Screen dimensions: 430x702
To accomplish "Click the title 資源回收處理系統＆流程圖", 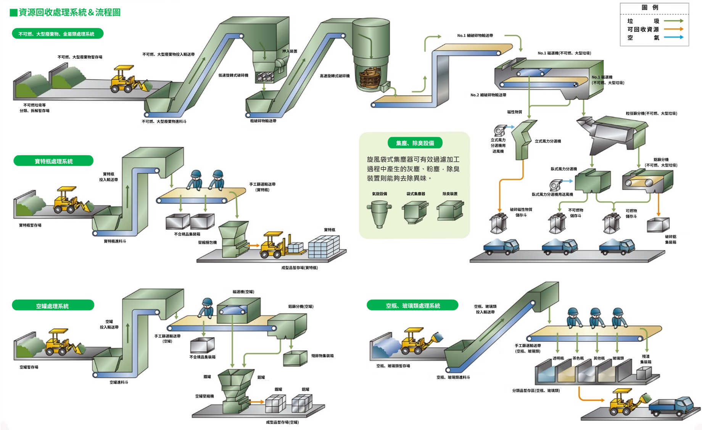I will [x=69, y=12].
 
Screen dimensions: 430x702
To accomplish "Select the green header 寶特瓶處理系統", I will [x=53, y=161].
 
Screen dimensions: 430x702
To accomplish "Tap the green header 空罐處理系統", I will [x=53, y=306].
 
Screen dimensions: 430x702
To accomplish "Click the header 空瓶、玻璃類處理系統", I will [x=412, y=305].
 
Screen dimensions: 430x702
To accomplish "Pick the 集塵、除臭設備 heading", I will [x=415, y=143].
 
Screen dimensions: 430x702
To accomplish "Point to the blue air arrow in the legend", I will [x=673, y=37].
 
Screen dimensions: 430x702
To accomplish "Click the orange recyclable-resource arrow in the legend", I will [x=673, y=29].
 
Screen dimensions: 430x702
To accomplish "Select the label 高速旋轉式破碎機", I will [x=335, y=76].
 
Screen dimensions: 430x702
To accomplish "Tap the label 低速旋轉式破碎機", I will [x=233, y=75].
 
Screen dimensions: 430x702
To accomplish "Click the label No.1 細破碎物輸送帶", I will [x=475, y=35].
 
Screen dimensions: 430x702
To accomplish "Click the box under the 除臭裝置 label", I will [x=450, y=211].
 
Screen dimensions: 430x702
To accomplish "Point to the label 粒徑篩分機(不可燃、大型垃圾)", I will [x=651, y=113].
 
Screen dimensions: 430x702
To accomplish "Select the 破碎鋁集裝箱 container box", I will [x=658, y=225].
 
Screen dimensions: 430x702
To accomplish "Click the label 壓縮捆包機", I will [x=207, y=242].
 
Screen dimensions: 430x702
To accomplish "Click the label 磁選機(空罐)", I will [x=243, y=292].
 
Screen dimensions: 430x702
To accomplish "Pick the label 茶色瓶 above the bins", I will [x=578, y=358].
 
